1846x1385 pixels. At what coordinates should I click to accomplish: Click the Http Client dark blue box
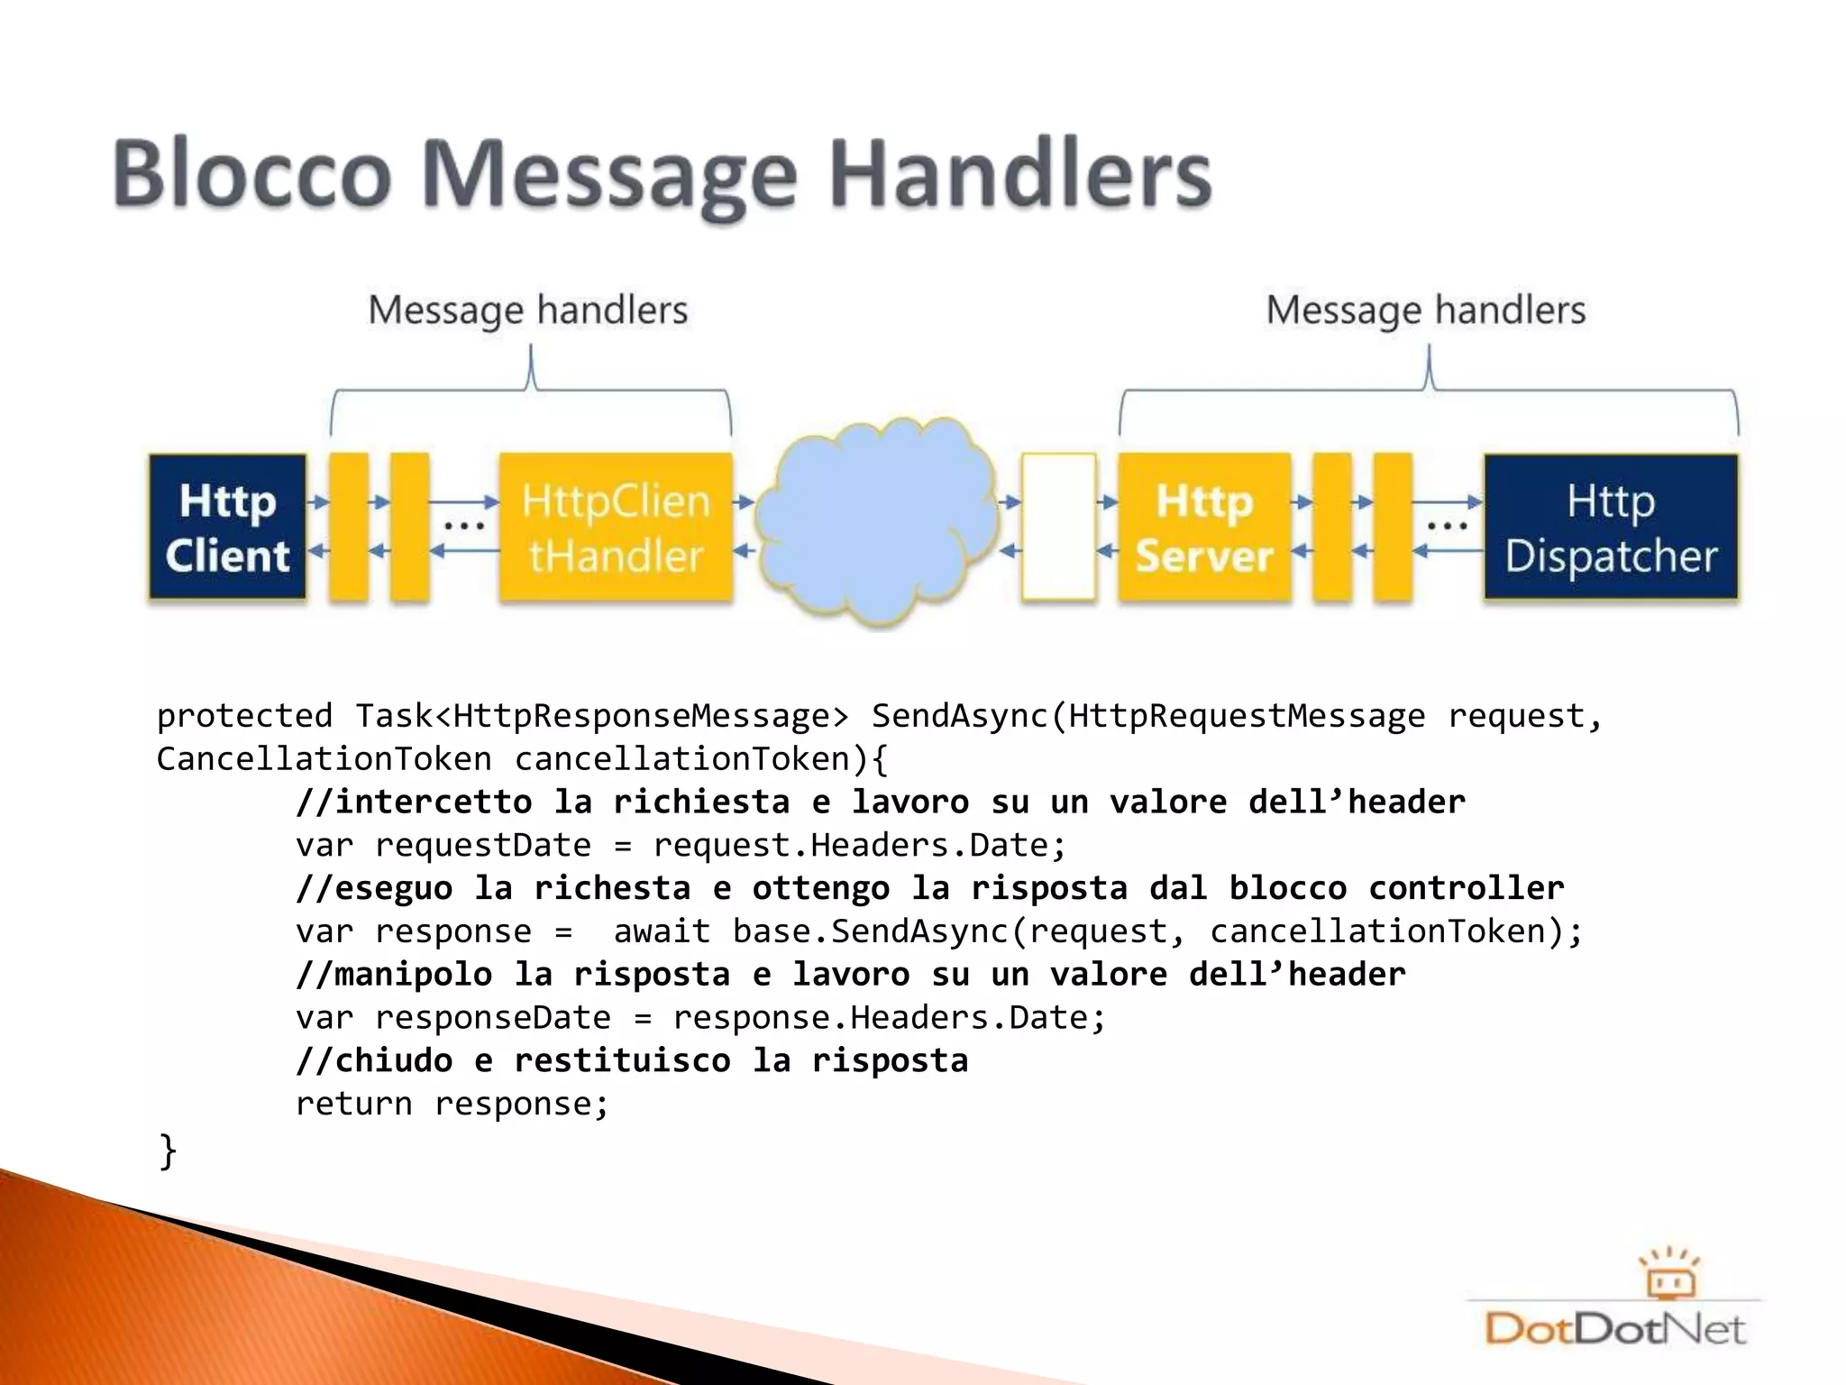click(227, 527)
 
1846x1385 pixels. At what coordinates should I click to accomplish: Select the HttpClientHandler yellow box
click(616, 527)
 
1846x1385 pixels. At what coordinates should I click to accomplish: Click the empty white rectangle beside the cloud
click(1058, 527)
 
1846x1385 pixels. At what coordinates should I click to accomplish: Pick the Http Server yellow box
click(1204, 527)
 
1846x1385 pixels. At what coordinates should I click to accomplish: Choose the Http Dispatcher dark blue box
click(1611, 527)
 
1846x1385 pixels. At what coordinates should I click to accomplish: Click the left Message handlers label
click(528, 310)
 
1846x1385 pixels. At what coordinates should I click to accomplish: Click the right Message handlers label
click(1426, 310)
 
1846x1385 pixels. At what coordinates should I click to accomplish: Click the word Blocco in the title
click(252, 173)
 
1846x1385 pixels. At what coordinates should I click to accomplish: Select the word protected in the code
click(244, 716)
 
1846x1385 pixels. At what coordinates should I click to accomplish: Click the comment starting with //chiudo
click(632, 1060)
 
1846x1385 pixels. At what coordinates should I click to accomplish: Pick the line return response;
click(452, 1104)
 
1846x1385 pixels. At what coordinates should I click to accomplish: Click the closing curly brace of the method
click(168, 1151)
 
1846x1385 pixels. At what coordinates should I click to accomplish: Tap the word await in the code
click(662, 931)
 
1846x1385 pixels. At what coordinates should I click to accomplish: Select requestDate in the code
click(482, 846)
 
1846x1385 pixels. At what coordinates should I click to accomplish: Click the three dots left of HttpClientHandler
click(464, 526)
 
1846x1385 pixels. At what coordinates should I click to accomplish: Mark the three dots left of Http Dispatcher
click(1447, 526)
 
